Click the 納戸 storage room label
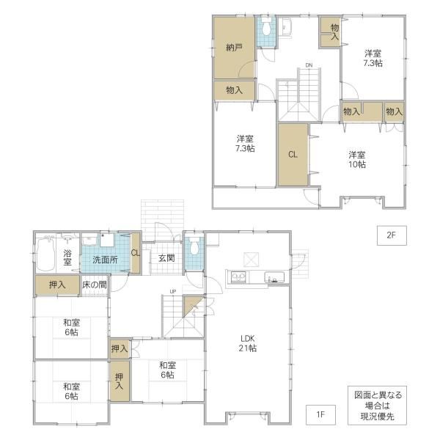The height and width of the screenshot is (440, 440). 234,48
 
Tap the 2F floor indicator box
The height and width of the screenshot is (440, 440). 392,235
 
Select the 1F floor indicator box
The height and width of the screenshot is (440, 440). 320,414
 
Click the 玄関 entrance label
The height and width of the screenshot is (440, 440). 166,258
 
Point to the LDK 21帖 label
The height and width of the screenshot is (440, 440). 248,343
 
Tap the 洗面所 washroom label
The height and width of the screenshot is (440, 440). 105,260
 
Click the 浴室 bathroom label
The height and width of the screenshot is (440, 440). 67,257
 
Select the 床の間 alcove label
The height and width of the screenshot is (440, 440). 95,285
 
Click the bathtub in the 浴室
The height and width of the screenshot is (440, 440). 45,254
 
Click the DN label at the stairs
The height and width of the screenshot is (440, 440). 309,65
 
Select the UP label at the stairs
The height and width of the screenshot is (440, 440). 173,292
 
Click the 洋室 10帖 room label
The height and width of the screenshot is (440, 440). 357,159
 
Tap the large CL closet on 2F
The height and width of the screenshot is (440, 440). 293,154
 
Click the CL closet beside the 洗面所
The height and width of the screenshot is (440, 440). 136,253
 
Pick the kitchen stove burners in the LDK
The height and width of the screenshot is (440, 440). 238,277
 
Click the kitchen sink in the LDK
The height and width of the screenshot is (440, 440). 274,276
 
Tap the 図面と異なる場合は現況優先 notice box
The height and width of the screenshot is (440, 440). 377,406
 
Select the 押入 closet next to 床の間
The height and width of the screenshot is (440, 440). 57,285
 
